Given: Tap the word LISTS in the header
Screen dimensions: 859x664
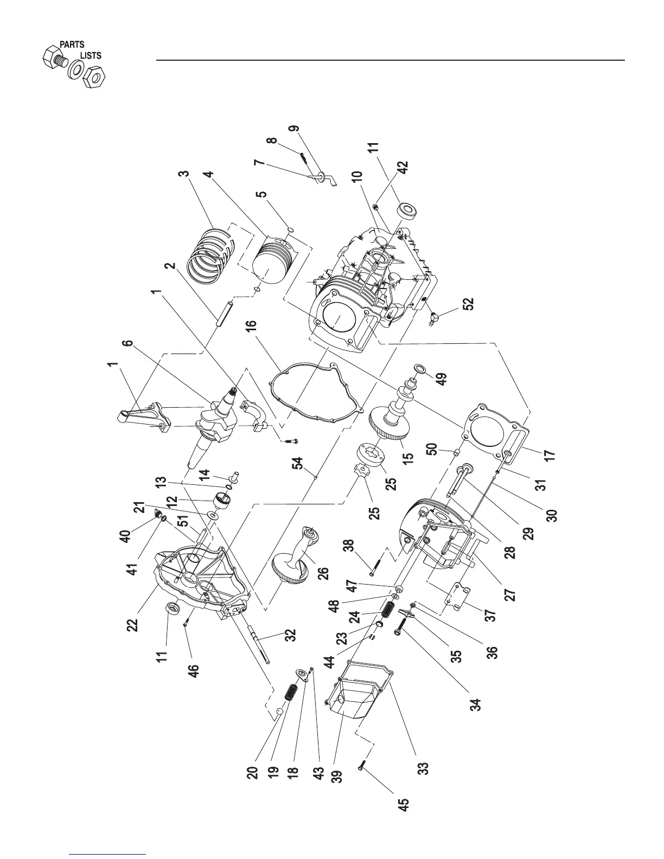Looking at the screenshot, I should [x=91, y=55].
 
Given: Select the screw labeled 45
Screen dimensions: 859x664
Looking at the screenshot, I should [x=362, y=765].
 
